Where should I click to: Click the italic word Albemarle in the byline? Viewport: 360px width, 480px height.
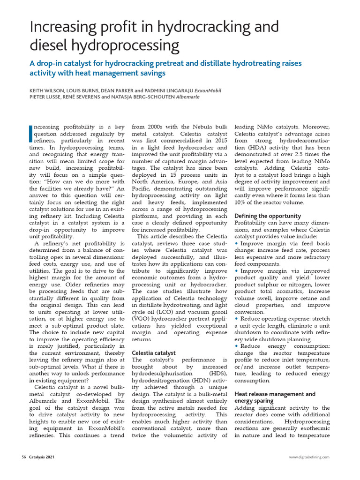tap(187, 97)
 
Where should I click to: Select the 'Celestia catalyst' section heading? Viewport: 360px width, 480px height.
tap(154, 352)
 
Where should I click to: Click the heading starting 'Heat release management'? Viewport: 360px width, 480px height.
tap(275, 394)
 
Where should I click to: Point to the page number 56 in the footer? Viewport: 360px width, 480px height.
tap(24, 457)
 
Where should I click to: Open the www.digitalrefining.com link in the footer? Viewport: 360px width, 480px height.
tap(309, 457)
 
